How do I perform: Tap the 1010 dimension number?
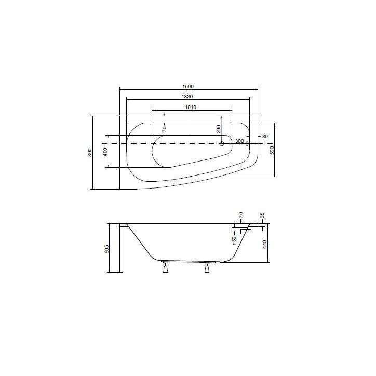191,108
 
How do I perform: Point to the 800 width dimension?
90,152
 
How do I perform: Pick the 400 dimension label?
105,152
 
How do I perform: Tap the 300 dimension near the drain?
239,141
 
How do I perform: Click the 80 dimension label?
265,137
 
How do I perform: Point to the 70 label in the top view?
164,128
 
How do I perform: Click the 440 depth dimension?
265,244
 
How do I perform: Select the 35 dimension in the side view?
262,215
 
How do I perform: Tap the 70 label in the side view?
240,215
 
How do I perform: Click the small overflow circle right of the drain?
247,143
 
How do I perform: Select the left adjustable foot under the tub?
166,268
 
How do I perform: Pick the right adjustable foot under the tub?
207,268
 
